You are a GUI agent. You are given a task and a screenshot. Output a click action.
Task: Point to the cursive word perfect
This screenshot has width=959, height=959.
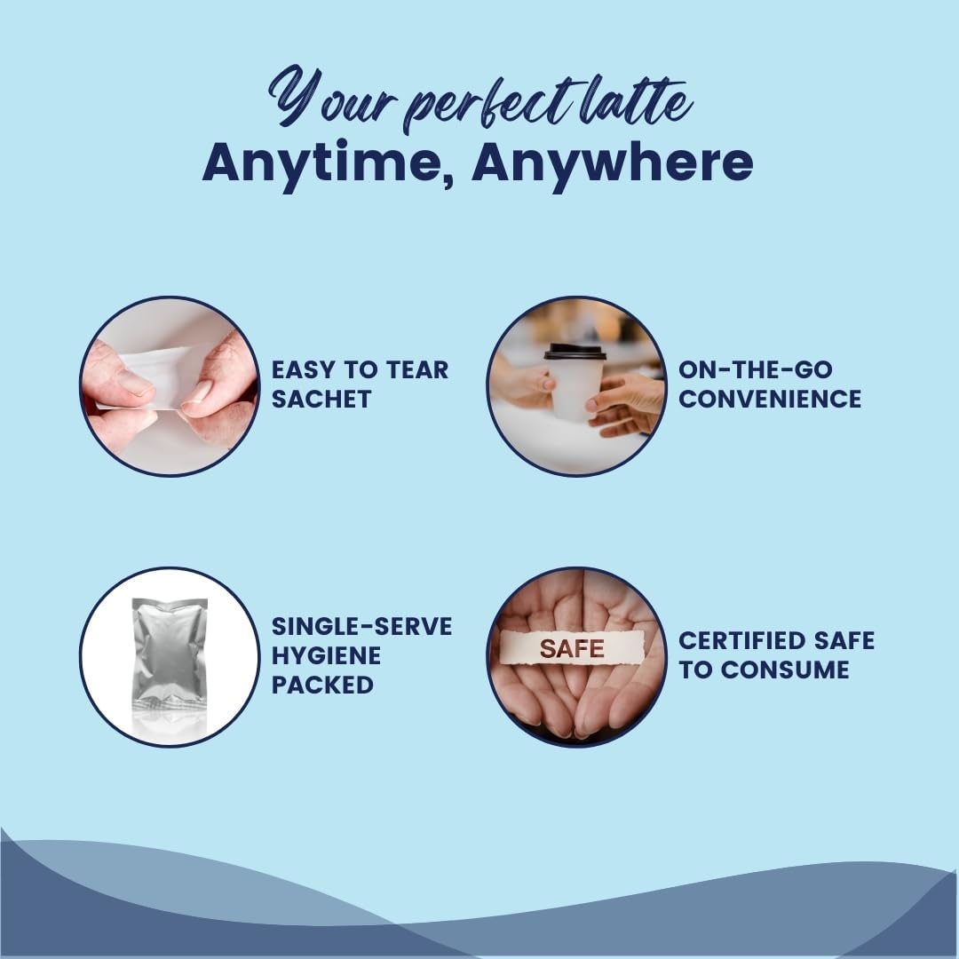click(489, 105)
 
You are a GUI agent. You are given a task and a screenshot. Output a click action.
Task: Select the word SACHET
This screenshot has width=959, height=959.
click(321, 400)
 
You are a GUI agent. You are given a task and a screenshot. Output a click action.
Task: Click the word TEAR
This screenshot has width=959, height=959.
click(417, 370)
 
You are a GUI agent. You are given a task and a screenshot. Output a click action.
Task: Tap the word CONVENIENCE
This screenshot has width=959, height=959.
click(770, 400)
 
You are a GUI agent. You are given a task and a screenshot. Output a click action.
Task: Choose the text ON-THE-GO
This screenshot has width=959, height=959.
click(756, 370)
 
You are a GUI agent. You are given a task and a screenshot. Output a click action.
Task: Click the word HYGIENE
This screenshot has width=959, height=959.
click(326, 655)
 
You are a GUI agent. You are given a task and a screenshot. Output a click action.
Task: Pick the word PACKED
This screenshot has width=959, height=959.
click(322, 685)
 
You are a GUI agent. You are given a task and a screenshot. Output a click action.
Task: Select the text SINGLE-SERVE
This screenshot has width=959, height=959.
click(362, 626)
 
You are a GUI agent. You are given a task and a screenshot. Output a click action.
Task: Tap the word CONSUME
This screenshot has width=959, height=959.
click(785, 670)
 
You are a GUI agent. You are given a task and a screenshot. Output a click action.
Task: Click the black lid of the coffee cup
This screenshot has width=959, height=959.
click(575, 352)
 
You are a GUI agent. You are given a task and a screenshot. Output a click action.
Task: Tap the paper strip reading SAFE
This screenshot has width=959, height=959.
click(573, 647)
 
